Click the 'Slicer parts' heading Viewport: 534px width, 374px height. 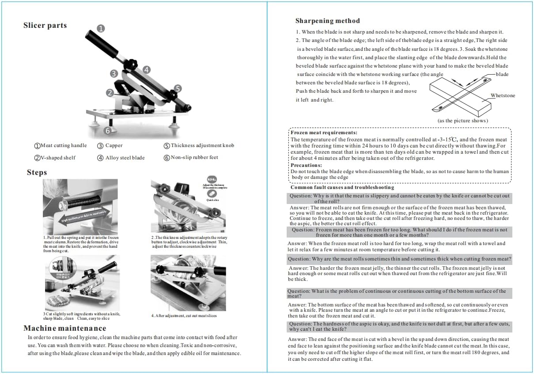pyautogui.click(x=45, y=26)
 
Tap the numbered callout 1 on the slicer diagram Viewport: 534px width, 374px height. pyautogui.click(x=101, y=29)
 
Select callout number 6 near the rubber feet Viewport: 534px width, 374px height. pyautogui.click(x=107, y=130)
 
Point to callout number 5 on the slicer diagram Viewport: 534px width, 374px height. pyautogui.click(x=178, y=88)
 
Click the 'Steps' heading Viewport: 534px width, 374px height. pyautogui.click(x=37, y=172)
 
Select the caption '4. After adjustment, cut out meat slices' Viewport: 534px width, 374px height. pyautogui.click(x=184, y=316)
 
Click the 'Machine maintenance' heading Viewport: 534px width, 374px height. pyautogui.click(x=64, y=328)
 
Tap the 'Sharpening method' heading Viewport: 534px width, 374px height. pyautogui.click(x=327, y=21)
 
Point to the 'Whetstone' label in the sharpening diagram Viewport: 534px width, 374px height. pyautogui.click(x=503, y=95)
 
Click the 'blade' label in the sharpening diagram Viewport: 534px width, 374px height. pyautogui.click(x=502, y=75)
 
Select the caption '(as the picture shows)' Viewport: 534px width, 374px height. pyautogui.click(x=462, y=121)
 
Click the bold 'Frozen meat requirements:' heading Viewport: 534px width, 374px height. pyautogui.click(x=324, y=132)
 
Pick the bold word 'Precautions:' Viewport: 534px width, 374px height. pyautogui.click(x=306, y=165)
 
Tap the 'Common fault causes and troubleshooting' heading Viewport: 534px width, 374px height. pyautogui.click(x=342, y=188)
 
